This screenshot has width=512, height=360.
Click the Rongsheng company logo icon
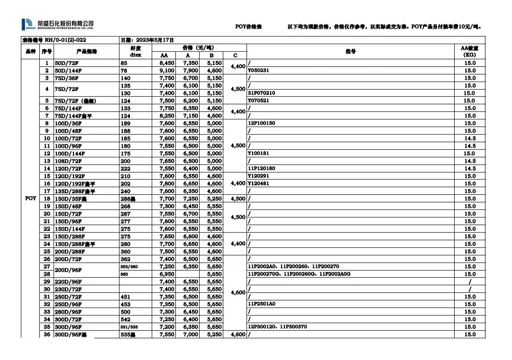coord(27,24)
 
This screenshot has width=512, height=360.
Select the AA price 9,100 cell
coord(166,71)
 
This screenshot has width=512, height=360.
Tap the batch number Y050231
coord(258,71)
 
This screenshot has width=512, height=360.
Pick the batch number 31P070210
coord(261,93)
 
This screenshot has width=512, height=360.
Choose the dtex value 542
coord(125,319)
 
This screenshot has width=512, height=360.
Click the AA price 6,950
coord(166,274)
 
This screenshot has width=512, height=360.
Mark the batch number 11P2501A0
coord(261,304)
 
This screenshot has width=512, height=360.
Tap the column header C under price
coord(235,55)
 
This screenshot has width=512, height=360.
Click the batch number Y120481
coord(258,183)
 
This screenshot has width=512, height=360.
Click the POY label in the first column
coord(30,198)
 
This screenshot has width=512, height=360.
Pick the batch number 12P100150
coord(261,123)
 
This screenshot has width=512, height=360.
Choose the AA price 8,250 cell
coord(166,116)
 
